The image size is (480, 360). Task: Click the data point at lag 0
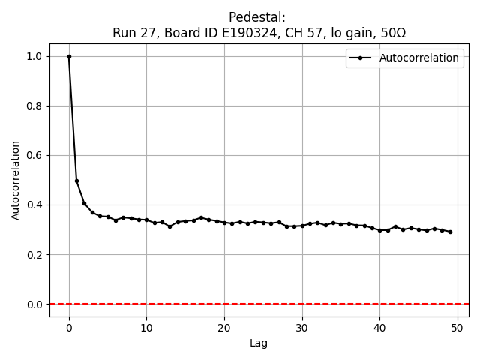[x=69, y=56]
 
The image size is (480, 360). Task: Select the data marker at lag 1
[x=76, y=181]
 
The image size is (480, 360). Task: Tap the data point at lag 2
[x=85, y=203]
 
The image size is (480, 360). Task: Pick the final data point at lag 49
[x=450, y=232]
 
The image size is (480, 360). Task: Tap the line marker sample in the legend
[x=361, y=58]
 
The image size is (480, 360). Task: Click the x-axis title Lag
[x=259, y=343]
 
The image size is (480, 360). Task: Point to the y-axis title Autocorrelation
[x=16, y=179]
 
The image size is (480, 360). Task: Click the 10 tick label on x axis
[x=146, y=327]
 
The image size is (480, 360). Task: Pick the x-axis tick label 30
[x=302, y=327]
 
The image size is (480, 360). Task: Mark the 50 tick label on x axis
[x=457, y=327]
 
